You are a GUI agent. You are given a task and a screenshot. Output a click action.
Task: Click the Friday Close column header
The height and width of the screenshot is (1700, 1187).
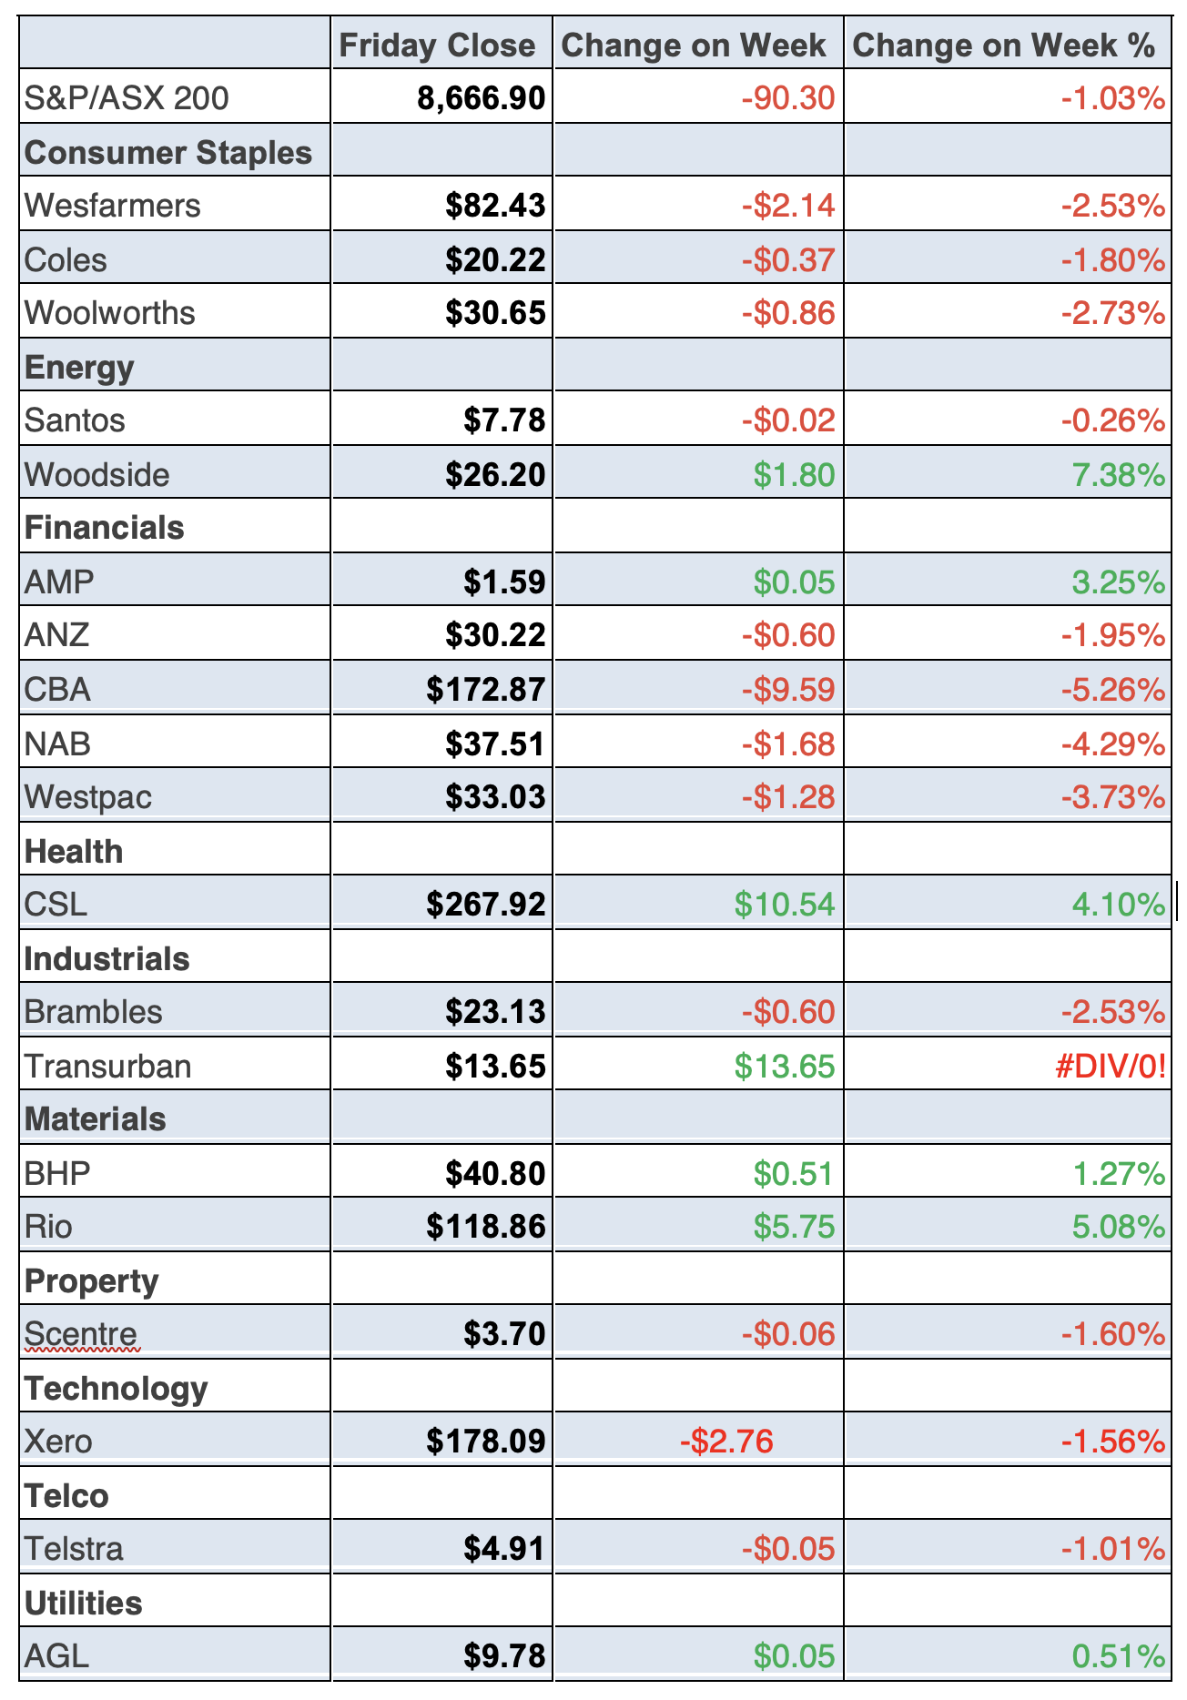[x=437, y=46]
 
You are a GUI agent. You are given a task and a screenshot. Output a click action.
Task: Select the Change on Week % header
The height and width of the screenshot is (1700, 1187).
[x=1003, y=46]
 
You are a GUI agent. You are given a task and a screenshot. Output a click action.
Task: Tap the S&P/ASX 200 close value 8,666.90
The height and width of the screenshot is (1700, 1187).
[x=482, y=98]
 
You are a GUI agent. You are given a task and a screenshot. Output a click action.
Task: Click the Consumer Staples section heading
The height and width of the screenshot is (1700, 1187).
[x=168, y=153]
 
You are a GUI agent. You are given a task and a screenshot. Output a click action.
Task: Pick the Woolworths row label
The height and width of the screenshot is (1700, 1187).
[x=110, y=313]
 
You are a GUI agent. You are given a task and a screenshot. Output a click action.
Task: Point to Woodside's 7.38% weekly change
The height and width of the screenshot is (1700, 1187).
[x=1118, y=475]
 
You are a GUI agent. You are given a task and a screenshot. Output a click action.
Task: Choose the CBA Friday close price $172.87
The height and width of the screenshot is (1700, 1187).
[x=486, y=690]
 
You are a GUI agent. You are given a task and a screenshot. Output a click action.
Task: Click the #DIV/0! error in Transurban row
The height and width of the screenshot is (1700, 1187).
[x=1110, y=1067]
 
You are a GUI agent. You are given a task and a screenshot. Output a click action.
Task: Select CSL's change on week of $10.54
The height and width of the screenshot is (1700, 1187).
[x=785, y=905]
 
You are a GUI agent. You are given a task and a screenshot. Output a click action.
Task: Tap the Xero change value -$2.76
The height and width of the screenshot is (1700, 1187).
[x=726, y=1442]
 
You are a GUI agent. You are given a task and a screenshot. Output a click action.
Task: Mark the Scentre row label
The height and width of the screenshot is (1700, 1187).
[x=81, y=1334]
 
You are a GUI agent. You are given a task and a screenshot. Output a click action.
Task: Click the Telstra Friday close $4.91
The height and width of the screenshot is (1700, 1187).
[x=504, y=1549]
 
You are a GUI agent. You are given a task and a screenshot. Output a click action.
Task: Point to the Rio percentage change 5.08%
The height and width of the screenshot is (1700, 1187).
[x=1118, y=1227]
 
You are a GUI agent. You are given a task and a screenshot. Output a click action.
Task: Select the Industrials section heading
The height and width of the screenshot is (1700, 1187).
[x=107, y=959]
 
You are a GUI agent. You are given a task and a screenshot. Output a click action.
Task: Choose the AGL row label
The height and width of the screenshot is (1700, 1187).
[x=57, y=1656]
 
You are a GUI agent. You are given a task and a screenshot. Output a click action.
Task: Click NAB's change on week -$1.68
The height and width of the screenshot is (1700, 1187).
[x=787, y=744]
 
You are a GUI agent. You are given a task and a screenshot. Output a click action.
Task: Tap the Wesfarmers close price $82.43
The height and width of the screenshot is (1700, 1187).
[x=495, y=206]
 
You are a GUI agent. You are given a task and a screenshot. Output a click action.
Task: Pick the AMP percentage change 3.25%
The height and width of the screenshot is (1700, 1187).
[x=1118, y=582]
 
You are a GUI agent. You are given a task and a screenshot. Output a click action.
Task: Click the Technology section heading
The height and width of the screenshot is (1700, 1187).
[x=117, y=1389]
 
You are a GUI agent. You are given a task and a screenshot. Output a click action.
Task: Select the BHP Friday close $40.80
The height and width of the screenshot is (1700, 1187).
[x=495, y=1174]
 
